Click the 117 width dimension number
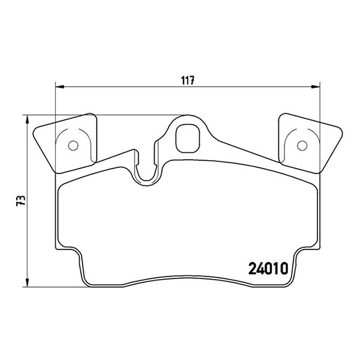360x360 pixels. coord(188,80)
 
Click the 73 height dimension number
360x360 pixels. coord(21,200)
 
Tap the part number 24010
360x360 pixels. coord(268,269)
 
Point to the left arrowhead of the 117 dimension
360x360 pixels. coord(59,87)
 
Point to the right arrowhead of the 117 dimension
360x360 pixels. coord(316,87)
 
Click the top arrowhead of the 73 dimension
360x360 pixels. coord(28,119)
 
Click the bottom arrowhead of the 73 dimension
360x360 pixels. coord(28,283)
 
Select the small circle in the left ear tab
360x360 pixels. coord(73,146)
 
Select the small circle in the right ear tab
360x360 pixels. coord(302,146)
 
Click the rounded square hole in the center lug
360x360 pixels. coord(188,139)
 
